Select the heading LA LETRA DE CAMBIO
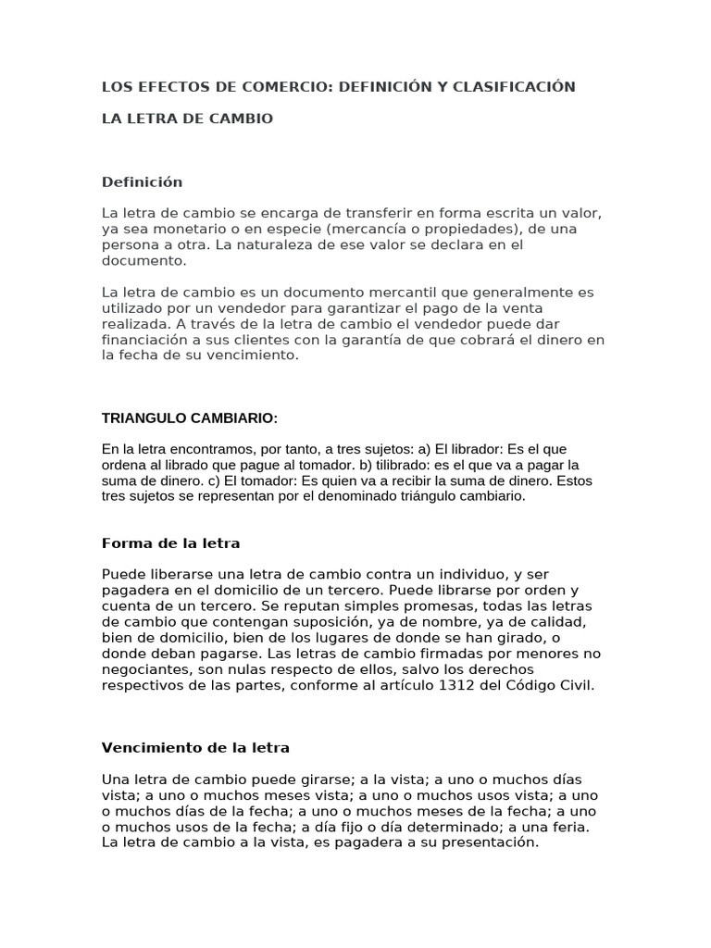[x=187, y=119]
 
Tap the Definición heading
[x=142, y=181]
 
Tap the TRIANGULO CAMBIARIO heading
[x=189, y=418]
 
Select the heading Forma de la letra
[x=170, y=543]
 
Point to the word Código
[x=540, y=685]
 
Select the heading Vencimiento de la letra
[x=195, y=747]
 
